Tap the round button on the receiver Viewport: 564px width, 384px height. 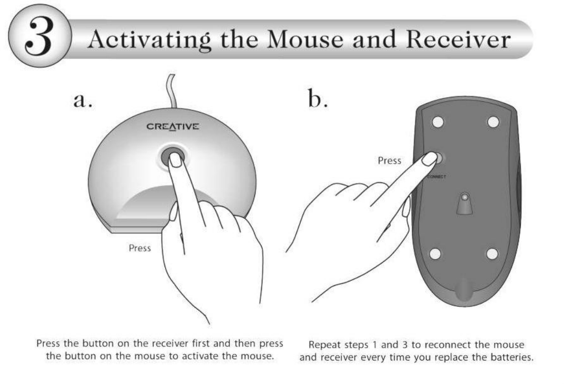[x=173, y=156]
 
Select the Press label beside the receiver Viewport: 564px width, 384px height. [x=140, y=248]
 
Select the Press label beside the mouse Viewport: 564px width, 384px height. [x=389, y=161]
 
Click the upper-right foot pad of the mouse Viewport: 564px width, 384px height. [x=493, y=122]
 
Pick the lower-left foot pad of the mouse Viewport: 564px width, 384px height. [x=435, y=253]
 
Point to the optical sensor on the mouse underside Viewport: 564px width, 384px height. [x=464, y=199]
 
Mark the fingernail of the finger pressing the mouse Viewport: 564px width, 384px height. [x=429, y=158]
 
